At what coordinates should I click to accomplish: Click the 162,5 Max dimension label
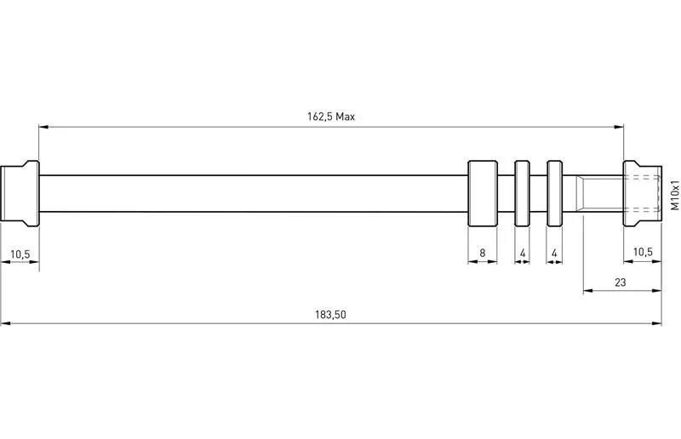click(331, 117)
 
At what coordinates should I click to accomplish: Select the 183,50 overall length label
click(330, 315)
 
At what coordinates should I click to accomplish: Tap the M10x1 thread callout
click(674, 195)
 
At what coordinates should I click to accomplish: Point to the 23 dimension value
click(621, 282)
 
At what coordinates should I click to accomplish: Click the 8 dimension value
click(482, 253)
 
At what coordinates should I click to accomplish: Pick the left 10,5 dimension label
click(20, 254)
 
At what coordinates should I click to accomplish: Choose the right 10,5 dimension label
click(643, 252)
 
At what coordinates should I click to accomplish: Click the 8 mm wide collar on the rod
click(483, 193)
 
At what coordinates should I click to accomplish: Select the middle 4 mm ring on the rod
click(522, 193)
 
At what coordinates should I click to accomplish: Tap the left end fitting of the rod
click(20, 193)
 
